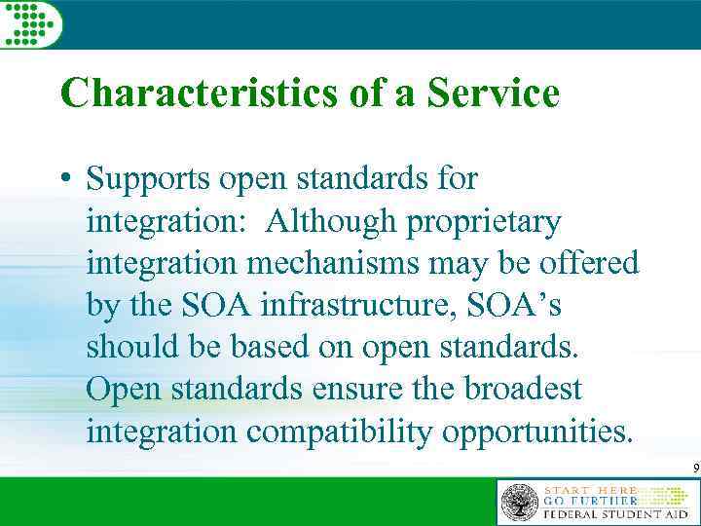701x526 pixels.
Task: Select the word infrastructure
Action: pyautogui.click(x=336, y=306)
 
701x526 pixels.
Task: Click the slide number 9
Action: pyautogui.click(x=695, y=470)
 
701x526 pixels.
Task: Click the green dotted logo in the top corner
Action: pyautogui.click(x=29, y=22)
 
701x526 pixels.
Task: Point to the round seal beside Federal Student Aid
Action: pyautogui.click(x=519, y=502)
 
